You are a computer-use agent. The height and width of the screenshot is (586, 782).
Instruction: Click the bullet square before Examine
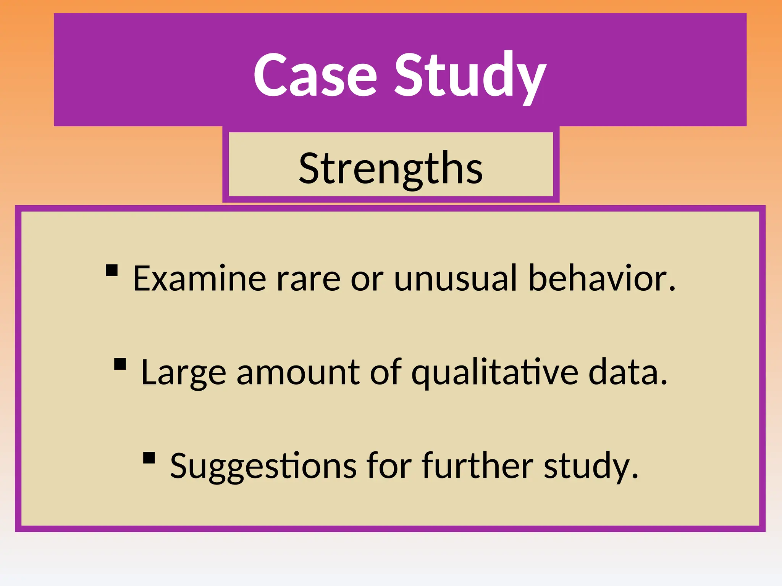point(111,270)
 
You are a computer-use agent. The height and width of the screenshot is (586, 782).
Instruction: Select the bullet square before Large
point(120,364)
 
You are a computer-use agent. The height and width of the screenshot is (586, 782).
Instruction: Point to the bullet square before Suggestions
point(149,457)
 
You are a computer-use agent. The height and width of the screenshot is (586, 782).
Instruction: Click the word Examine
point(199,279)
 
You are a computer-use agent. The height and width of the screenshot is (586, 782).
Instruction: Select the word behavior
point(601,279)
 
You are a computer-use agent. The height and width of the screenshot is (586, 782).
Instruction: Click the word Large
point(183,372)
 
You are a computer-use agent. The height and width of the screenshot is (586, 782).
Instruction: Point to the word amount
point(298,372)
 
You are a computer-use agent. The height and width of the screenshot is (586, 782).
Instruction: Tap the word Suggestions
point(263,466)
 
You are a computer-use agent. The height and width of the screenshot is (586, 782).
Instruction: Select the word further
point(477,466)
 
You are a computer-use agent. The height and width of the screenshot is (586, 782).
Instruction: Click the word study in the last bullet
point(590,466)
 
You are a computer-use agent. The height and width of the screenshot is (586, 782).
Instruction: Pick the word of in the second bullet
point(385,372)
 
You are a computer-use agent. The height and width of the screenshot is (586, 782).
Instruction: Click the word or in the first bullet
point(367,279)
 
